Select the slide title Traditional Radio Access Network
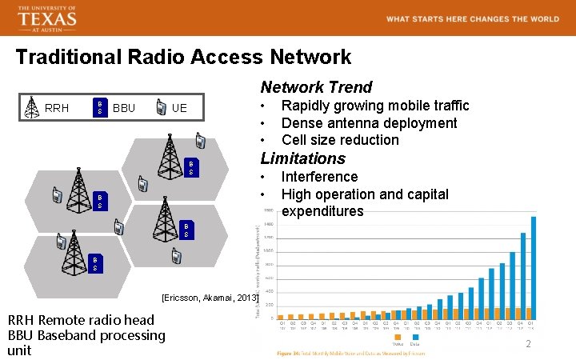(183, 58)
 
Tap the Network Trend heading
(316, 87)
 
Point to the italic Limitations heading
(302, 158)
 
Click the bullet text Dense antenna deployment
(369, 122)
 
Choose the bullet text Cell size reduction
(339, 140)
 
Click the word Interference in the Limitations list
(319, 177)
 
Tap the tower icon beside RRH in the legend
(31, 107)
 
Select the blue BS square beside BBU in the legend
(99, 107)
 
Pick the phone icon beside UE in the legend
(162, 107)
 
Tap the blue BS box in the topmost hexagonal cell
(190, 166)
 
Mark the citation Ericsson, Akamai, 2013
(210, 298)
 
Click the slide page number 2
(528, 343)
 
